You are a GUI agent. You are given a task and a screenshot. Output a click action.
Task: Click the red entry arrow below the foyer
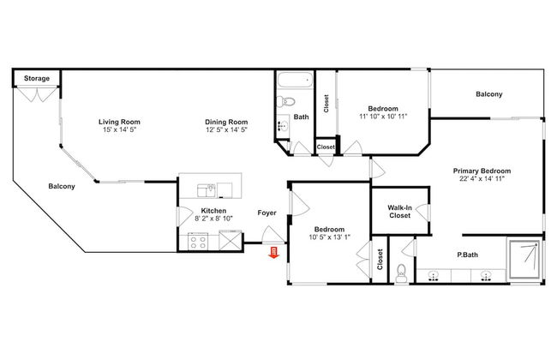coord(273,252)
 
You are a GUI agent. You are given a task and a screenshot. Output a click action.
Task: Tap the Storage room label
coord(37,78)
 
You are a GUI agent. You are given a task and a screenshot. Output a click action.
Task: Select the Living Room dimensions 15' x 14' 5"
coord(119,129)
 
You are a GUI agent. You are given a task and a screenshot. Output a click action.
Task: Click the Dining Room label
coord(226,122)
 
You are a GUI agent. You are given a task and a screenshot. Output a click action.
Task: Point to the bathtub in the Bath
coord(295,80)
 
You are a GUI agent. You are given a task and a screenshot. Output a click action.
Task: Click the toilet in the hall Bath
coord(285,102)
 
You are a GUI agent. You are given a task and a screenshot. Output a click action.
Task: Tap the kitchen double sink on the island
coord(207,190)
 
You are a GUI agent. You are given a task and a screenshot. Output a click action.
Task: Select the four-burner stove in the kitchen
coord(197,242)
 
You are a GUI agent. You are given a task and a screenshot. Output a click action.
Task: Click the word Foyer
coord(267,213)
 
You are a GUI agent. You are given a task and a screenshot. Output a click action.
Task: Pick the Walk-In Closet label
coord(399,212)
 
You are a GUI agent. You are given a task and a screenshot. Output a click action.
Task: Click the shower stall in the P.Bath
coord(525,259)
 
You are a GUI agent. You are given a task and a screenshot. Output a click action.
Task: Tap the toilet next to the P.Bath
coord(401,273)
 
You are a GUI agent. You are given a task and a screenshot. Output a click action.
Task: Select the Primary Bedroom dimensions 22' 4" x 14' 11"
coord(482,179)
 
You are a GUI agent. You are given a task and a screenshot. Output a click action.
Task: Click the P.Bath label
coord(467,255)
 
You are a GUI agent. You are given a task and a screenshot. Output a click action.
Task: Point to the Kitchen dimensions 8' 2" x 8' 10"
coord(214,219)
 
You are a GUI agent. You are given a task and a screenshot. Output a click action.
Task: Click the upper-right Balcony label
coord(489,94)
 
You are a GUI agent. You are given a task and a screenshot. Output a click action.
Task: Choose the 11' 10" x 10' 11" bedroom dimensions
coord(383,116)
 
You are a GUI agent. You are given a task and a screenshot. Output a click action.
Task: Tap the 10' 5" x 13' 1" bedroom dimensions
coord(330,237)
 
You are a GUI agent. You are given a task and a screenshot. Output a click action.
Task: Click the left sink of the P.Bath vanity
coord(433,276)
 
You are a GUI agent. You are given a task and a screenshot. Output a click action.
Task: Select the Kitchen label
coord(213,211)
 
